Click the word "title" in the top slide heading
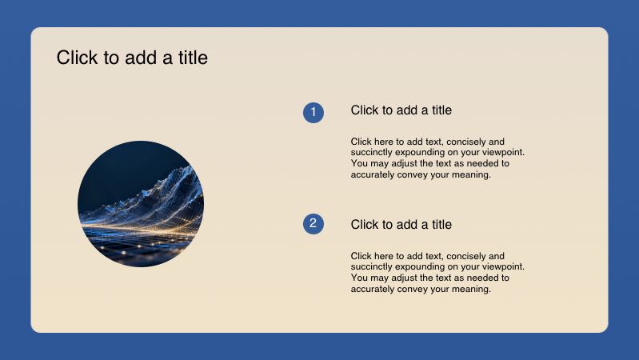tap(190, 58)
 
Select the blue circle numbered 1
tap(313, 113)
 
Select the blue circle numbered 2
tap(313, 224)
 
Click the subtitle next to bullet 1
tap(401, 110)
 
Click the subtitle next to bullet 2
tap(401, 225)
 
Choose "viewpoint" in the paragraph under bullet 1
tap(501, 152)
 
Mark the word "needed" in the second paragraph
tap(482, 278)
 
